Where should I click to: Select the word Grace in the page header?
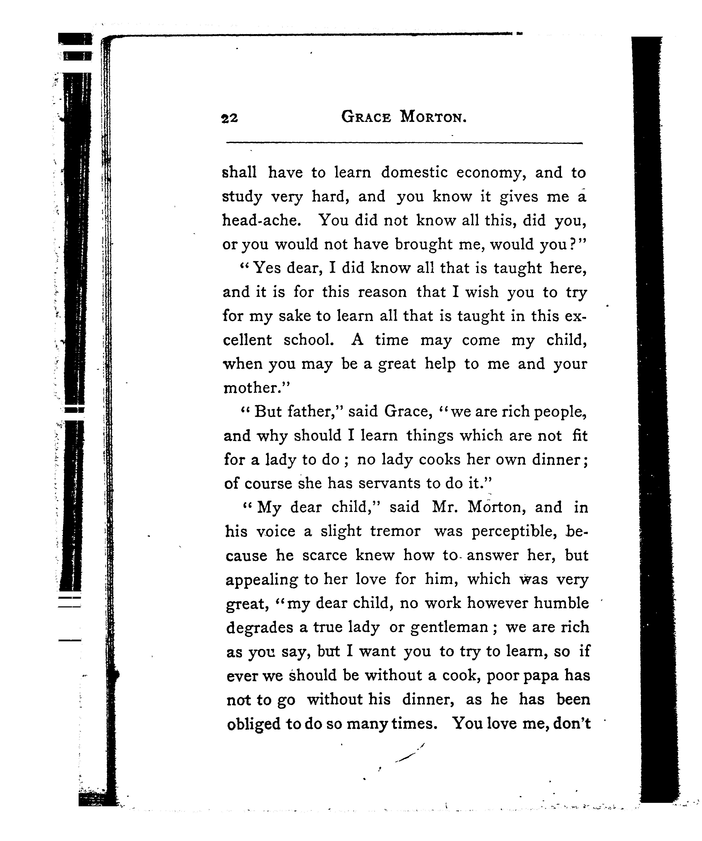pyautogui.click(x=366, y=117)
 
